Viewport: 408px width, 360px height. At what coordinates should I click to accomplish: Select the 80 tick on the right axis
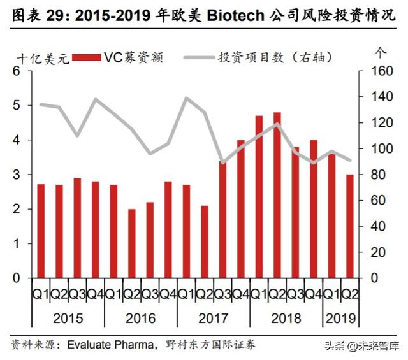[x=372, y=175]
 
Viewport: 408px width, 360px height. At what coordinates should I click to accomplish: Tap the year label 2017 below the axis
[x=214, y=317]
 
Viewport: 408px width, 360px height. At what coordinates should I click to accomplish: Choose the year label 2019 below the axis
[x=341, y=317]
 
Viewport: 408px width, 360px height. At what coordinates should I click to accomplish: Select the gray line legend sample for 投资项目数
[x=198, y=58]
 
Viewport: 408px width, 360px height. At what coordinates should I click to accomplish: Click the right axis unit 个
[x=381, y=51]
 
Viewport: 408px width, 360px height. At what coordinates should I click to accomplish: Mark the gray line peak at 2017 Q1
[x=187, y=98]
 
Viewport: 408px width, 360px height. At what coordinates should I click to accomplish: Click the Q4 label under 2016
[x=168, y=294]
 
